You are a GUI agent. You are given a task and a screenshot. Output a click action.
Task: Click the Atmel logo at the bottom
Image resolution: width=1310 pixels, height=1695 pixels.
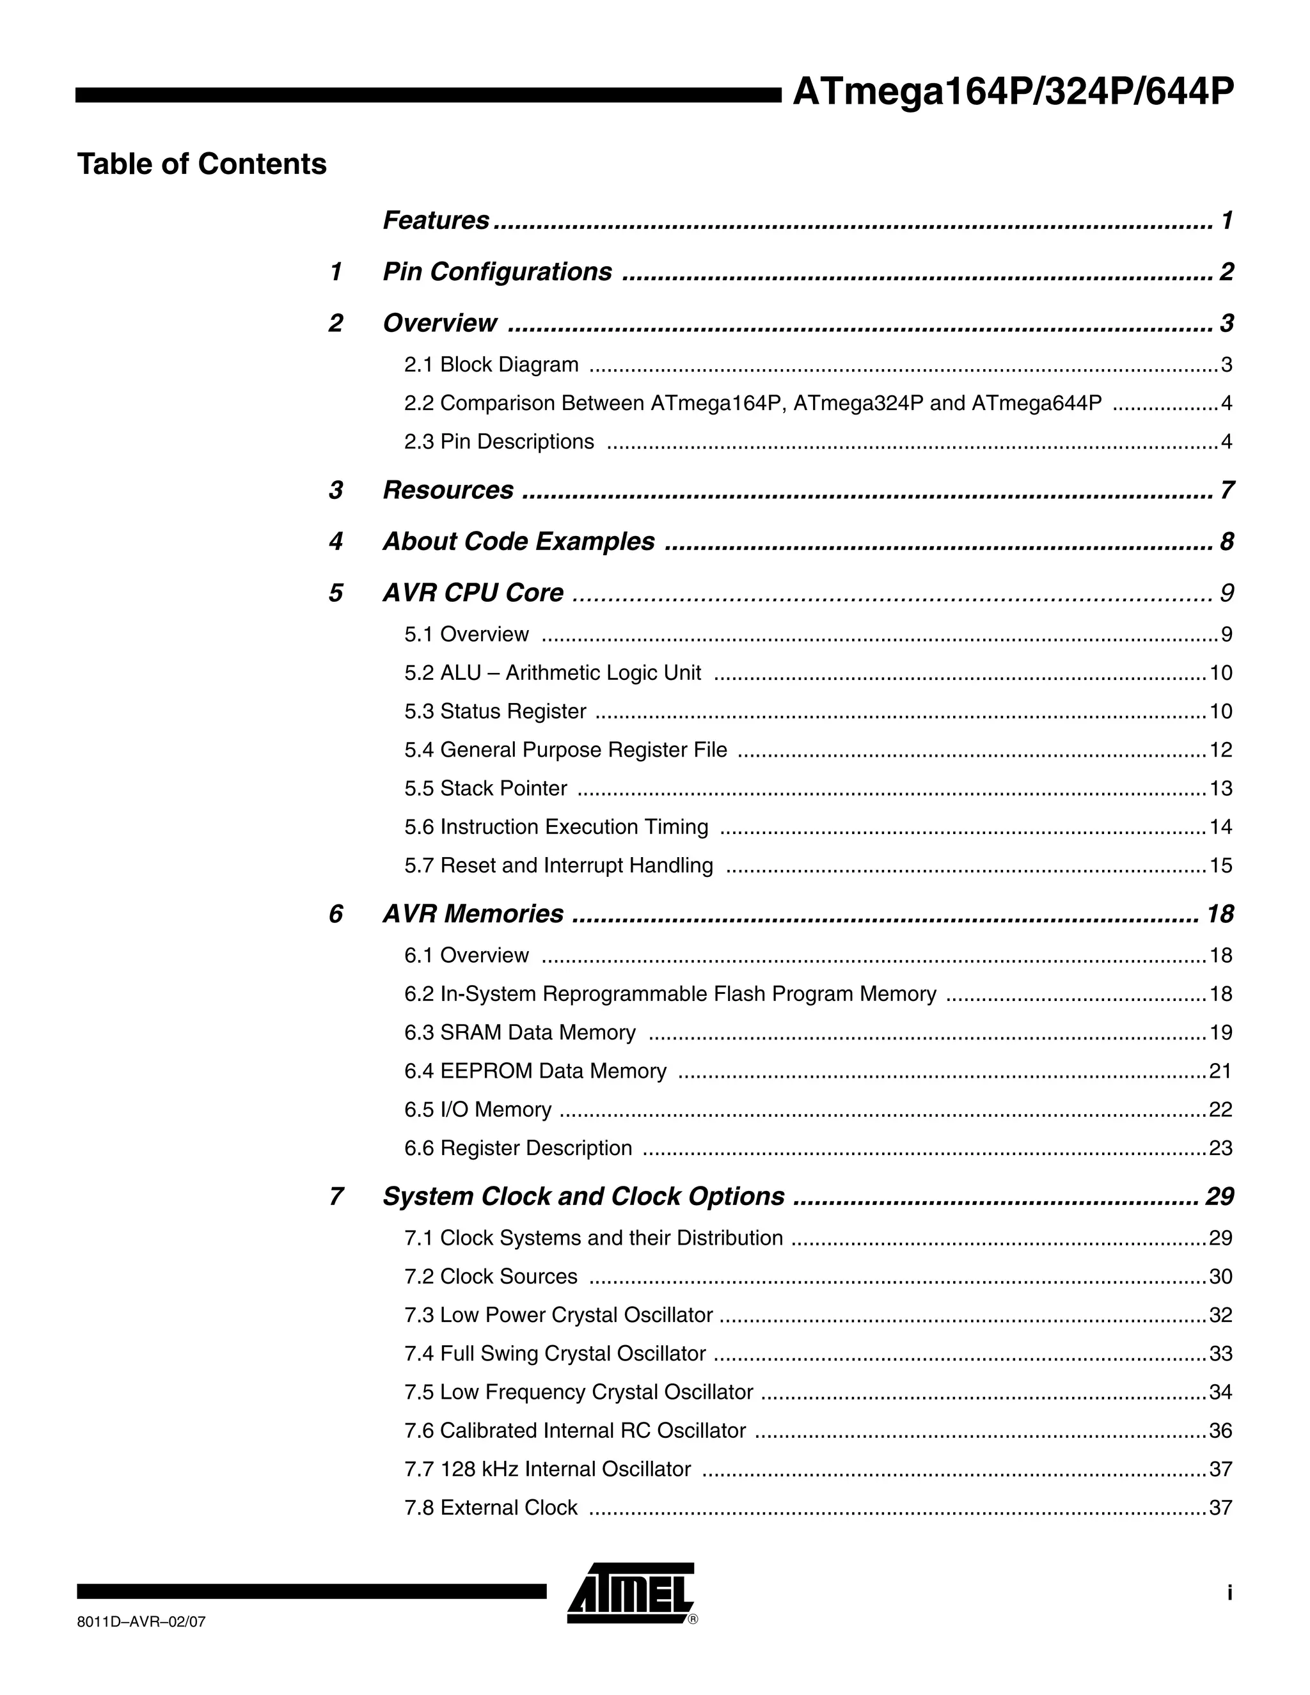click(x=630, y=1593)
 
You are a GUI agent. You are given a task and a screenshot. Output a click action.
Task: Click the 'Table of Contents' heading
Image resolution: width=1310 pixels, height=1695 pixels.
click(x=201, y=164)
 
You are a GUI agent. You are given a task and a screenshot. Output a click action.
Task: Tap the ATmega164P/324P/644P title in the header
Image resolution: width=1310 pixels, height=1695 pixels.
click(x=1012, y=92)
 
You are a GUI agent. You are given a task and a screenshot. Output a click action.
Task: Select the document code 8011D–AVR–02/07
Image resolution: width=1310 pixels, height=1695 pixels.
click(x=141, y=1622)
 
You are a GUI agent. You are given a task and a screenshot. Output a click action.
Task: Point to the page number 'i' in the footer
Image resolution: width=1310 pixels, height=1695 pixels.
click(x=1229, y=1593)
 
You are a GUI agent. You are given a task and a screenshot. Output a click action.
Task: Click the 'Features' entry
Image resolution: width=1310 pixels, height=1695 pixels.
click(x=436, y=221)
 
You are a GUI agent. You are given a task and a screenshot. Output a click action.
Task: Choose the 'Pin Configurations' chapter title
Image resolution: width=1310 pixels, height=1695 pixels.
click(x=496, y=272)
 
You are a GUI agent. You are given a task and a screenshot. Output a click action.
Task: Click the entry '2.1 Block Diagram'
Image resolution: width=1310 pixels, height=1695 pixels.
click(x=491, y=365)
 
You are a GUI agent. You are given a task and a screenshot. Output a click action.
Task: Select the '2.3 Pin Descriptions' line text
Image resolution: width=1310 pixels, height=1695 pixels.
click(x=499, y=441)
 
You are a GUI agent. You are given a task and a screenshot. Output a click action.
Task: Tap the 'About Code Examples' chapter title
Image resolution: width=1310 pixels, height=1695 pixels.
click(x=518, y=541)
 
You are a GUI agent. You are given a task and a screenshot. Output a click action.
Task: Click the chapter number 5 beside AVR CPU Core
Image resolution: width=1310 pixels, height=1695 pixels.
click(x=335, y=593)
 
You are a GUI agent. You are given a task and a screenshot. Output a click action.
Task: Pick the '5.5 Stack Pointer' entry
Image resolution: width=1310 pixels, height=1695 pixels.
click(x=486, y=789)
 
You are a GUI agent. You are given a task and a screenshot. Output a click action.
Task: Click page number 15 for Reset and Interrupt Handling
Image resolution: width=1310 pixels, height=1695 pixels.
click(x=1220, y=865)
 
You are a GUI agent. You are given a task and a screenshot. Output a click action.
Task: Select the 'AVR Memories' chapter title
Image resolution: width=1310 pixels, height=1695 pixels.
click(x=473, y=914)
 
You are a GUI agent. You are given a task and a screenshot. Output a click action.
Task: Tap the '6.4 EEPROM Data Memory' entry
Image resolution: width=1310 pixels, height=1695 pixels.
click(x=535, y=1071)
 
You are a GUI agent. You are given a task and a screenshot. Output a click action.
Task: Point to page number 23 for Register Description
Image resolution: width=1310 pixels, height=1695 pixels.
click(x=1220, y=1148)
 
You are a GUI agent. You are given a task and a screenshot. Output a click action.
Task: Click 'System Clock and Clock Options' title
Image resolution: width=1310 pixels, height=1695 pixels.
click(x=583, y=1197)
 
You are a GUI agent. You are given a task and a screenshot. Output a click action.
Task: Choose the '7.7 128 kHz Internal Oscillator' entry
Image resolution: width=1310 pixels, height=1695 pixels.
click(x=547, y=1469)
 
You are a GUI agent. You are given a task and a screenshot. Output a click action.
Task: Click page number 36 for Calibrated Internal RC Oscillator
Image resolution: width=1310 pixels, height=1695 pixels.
click(x=1220, y=1430)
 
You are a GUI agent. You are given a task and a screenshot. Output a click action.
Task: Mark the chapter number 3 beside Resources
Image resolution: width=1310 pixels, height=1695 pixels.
click(x=335, y=491)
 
